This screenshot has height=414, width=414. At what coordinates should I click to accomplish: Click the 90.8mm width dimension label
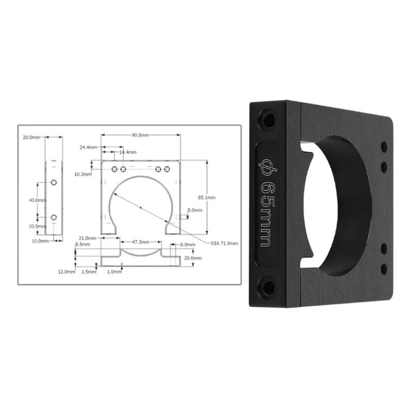click(x=140, y=135)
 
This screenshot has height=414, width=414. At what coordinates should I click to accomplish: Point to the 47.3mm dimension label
click(x=140, y=242)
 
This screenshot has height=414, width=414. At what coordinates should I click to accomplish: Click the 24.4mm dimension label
click(x=88, y=147)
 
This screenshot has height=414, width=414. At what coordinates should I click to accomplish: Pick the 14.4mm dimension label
click(x=128, y=153)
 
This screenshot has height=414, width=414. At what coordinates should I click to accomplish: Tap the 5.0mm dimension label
click(x=195, y=210)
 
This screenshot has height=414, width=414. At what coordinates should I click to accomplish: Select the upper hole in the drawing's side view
click(x=54, y=183)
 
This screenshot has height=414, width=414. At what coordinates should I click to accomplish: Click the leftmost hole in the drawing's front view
click(x=114, y=169)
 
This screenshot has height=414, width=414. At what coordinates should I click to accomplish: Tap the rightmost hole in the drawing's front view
click(x=167, y=169)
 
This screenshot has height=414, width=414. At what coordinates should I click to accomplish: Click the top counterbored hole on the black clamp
click(x=268, y=120)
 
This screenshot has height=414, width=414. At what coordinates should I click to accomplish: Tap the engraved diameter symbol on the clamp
click(x=268, y=165)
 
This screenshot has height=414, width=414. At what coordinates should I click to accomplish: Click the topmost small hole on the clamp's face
click(x=383, y=146)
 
